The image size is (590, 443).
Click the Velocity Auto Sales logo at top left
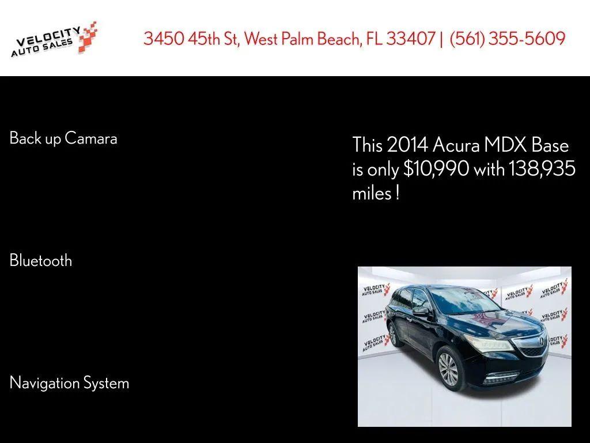click(54, 39)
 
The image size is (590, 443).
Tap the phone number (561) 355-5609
click(507, 39)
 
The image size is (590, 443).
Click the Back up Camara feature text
click(63, 138)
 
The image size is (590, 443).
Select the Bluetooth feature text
click(41, 260)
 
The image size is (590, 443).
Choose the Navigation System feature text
click(69, 382)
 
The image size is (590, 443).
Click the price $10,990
click(436, 169)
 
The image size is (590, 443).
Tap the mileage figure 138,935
click(542, 169)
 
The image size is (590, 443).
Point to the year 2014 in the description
click(407, 144)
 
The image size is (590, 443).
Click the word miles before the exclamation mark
click(372, 193)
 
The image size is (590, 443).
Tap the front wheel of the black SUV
click(448, 369)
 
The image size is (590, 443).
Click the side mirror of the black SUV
click(421, 311)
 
